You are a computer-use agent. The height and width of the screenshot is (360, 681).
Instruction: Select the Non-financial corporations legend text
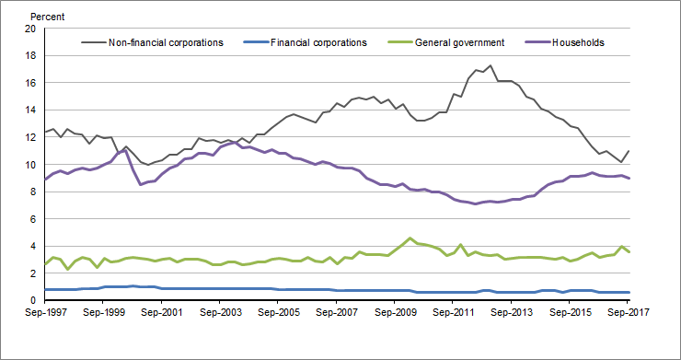click(x=166, y=42)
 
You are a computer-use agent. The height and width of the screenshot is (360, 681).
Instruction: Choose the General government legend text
click(x=459, y=42)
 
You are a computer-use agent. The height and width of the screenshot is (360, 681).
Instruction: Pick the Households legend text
click(x=577, y=42)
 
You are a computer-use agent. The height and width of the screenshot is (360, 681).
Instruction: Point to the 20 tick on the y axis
click(x=29, y=29)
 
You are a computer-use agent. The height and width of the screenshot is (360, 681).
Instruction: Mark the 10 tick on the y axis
click(x=29, y=165)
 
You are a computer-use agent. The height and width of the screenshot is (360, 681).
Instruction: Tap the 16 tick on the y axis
click(x=29, y=83)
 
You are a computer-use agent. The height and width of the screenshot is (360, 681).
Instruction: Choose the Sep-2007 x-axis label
click(x=337, y=313)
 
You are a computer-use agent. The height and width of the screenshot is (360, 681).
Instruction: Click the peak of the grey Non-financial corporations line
click(x=490, y=65)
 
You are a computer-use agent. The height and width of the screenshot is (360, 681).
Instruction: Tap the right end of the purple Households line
click(x=629, y=179)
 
